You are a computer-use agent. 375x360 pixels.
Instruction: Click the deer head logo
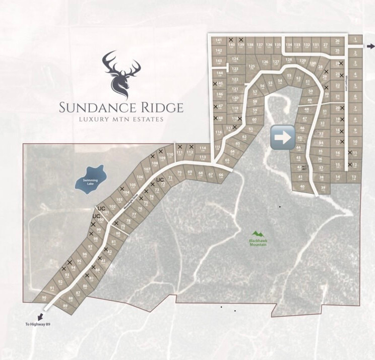pos(121,74)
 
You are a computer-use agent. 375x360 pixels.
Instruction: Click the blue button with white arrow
pos(283,138)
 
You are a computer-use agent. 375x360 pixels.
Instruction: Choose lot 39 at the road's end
pos(323,188)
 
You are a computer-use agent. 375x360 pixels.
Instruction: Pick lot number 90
pos(44,298)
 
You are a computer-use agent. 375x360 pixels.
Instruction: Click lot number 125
pos(251,67)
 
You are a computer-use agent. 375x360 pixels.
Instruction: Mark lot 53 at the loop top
pos(289,76)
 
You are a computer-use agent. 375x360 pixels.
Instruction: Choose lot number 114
pos(203,148)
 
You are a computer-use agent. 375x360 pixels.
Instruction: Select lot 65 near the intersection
pos(227,160)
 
